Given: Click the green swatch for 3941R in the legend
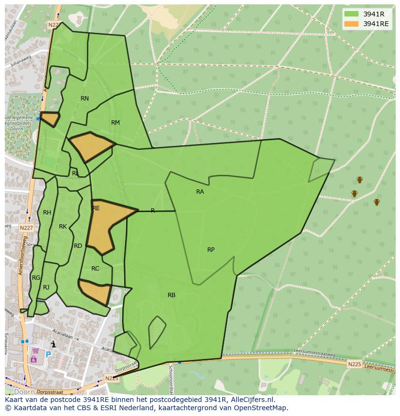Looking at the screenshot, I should (x=352, y=14).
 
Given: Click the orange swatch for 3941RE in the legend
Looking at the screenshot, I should (x=352, y=24).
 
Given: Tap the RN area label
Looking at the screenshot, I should (x=85, y=99).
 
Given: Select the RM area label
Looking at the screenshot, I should (x=115, y=123).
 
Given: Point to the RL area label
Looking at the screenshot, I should (x=75, y=173).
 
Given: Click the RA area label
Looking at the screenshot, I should (x=200, y=192).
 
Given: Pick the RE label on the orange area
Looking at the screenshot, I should (x=96, y=208).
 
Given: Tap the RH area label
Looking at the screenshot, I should (x=47, y=213).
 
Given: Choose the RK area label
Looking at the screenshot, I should (x=63, y=227).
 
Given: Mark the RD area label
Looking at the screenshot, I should (x=78, y=246).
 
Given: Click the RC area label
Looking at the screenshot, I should (x=95, y=269).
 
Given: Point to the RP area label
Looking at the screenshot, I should (x=211, y=250).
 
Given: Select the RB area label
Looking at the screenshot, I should (x=171, y=295).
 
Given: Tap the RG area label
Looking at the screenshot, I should (x=36, y=278).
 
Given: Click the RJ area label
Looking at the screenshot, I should (x=46, y=287).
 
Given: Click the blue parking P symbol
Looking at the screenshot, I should (x=48, y=354).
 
